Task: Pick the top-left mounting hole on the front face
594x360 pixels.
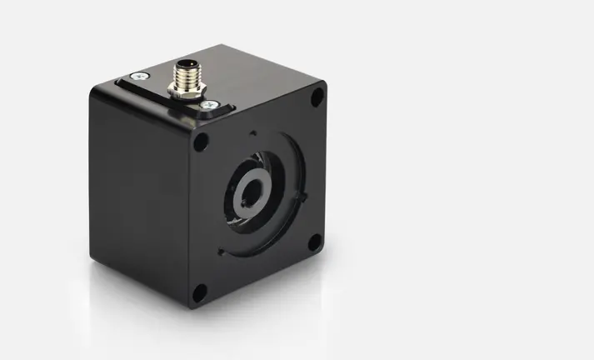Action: coord(201,142)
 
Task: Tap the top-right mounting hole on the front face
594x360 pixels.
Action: coord(317,98)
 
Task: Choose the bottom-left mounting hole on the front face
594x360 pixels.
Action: coord(200,292)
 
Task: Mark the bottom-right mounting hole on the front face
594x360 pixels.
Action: coord(314,242)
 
